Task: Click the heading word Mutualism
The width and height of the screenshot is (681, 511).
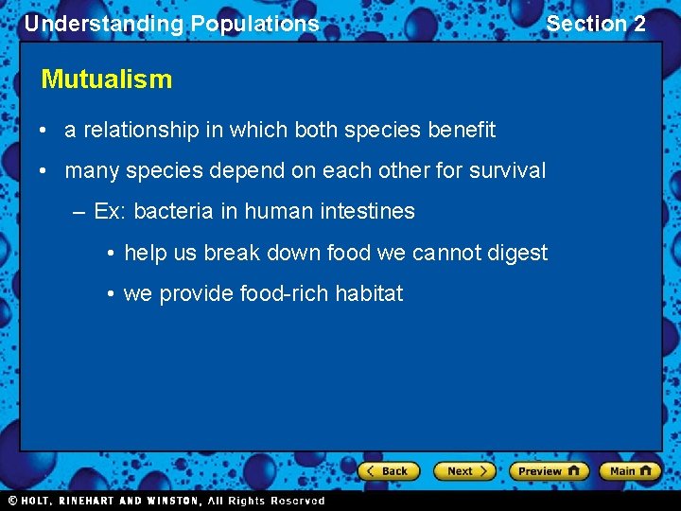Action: tap(106, 79)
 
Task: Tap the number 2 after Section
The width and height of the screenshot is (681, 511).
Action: tap(639, 24)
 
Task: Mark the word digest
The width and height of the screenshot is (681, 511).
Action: tap(515, 253)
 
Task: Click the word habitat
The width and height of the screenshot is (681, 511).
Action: tap(369, 293)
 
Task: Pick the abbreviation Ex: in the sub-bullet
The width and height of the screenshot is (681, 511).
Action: tap(111, 211)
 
